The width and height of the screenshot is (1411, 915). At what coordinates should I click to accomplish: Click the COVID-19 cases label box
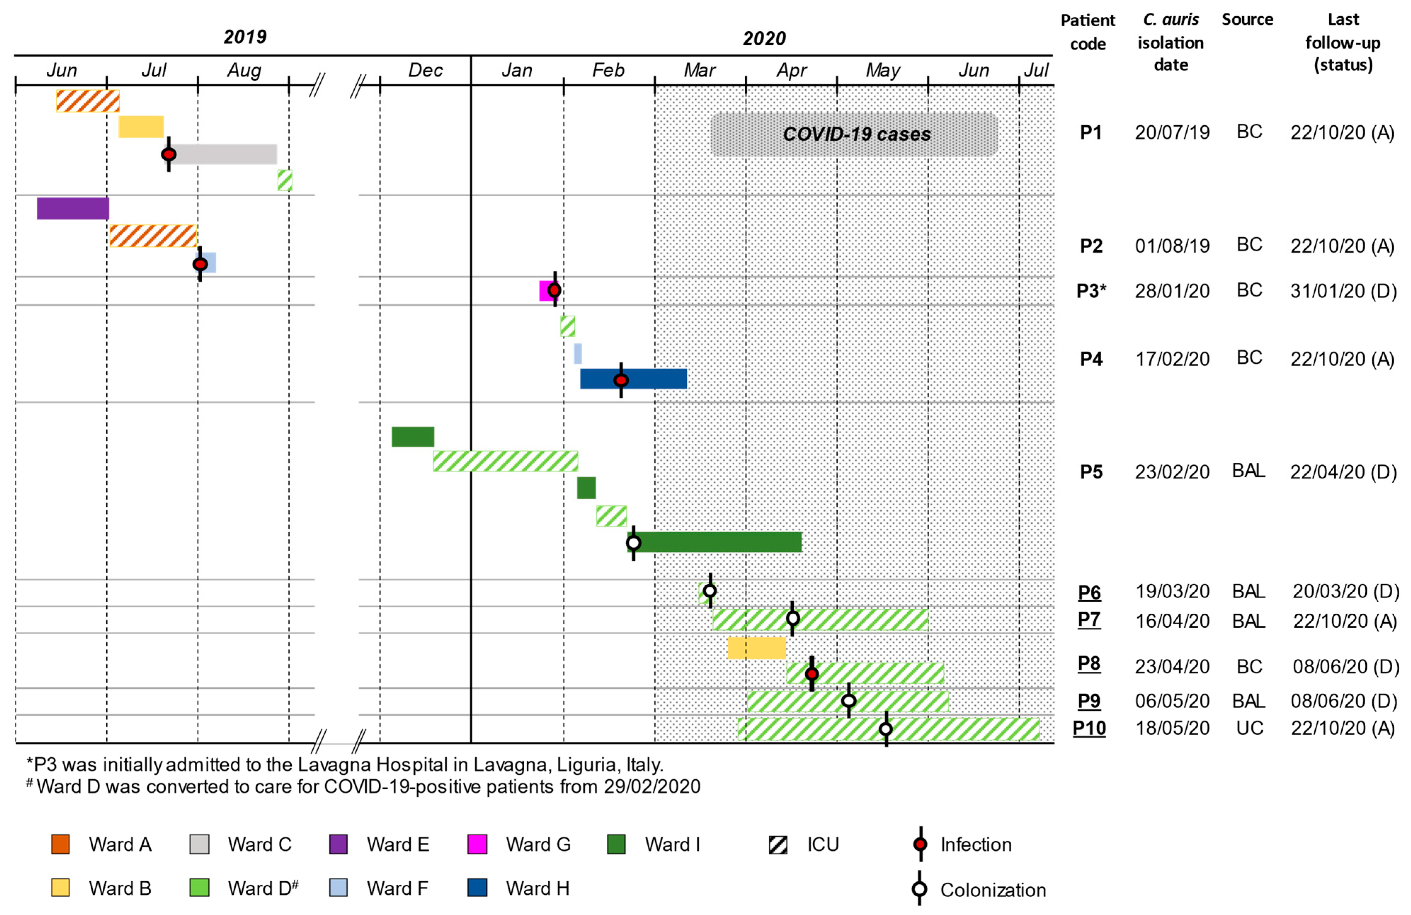coord(854,135)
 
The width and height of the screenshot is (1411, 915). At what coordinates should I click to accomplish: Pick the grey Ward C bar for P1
coord(225,154)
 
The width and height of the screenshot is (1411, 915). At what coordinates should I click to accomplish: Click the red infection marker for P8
coord(812,674)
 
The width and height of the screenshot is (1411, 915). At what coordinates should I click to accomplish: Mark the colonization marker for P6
coord(710,591)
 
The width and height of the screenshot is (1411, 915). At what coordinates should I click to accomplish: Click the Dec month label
coord(425,70)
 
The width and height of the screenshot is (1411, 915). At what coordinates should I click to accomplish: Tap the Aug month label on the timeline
coord(244,70)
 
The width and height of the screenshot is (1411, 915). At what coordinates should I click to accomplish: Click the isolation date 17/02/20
coord(1171,359)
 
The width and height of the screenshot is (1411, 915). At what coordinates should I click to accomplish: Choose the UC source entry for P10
coord(1249,728)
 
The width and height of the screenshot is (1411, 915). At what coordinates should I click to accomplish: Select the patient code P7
coord(1089,620)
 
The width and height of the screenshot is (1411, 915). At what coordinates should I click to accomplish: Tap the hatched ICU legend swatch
coord(778,844)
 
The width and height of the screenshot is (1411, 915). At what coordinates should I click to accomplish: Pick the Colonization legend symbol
coord(920,889)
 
